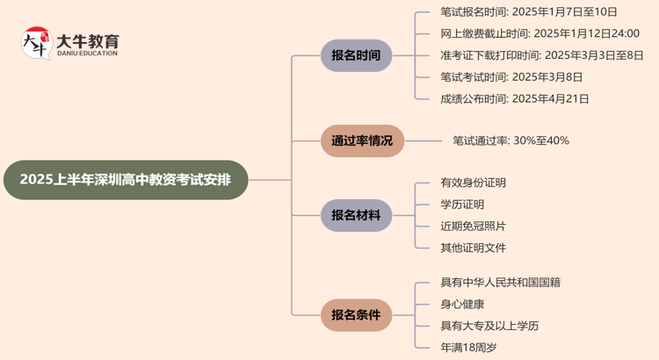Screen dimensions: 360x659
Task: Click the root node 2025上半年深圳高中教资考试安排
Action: [126, 180]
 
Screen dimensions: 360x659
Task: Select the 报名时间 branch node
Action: [356, 55]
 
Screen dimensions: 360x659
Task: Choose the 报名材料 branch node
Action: [356, 215]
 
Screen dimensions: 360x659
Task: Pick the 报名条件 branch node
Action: [356, 314]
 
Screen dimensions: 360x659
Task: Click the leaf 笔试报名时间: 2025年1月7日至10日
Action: [529, 12]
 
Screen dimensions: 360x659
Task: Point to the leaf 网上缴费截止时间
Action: [540, 33]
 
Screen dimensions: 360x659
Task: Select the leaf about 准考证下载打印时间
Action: [541, 55]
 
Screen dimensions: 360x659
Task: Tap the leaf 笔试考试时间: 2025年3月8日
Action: [511, 77]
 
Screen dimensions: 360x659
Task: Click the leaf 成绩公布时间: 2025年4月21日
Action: [515, 98]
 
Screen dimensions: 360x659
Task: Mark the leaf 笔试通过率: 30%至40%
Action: [511, 140]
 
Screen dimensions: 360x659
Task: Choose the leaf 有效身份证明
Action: [474, 183]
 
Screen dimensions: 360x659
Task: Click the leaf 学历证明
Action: [462, 205]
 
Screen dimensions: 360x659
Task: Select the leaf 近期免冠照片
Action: [474, 226]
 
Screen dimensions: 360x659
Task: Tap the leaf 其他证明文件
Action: [474, 248]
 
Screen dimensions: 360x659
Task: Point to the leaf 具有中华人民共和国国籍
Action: [501, 283]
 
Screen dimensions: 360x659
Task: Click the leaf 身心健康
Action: [462, 304]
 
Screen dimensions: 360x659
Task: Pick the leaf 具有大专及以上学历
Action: [489, 326]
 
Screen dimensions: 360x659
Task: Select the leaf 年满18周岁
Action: [468, 348]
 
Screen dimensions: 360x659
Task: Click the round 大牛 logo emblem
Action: [36, 43]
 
